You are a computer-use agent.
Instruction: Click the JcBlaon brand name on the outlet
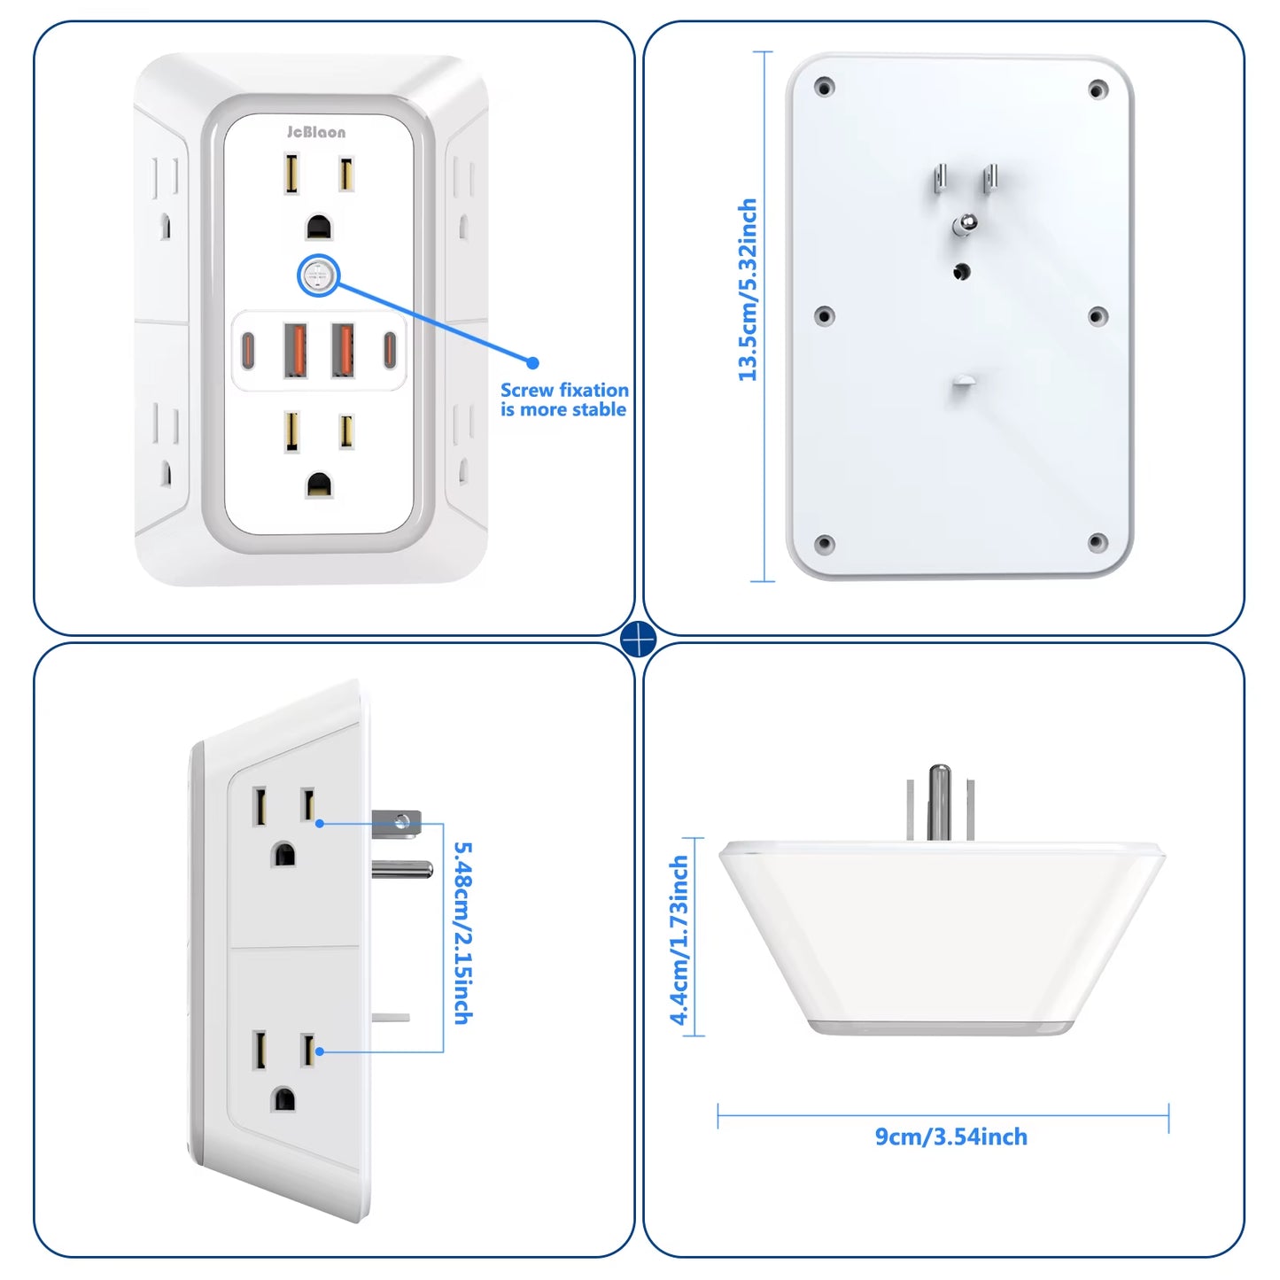tap(316, 132)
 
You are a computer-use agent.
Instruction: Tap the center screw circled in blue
tap(317, 276)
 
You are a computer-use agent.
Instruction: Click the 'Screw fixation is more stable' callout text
tap(564, 400)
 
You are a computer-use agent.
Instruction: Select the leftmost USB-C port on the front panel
tap(248, 350)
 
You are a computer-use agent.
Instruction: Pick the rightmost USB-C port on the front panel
tap(389, 350)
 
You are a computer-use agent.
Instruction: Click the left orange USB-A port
tap(295, 350)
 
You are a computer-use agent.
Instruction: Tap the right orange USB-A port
tap(343, 350)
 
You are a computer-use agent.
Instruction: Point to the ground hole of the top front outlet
tap(319, 228)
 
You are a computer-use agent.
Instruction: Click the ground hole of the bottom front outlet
tap(319, 485)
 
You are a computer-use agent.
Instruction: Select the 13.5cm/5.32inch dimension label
tap(748, 290)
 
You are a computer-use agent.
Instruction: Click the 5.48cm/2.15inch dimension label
tap(462, 933)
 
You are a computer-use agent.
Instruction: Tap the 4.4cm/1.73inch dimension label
tap(679, 940)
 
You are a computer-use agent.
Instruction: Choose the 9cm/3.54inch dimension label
tap(951, 1136)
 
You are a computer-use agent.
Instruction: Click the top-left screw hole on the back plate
tap(824, 88)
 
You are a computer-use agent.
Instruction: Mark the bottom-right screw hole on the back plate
tap(1098, 542)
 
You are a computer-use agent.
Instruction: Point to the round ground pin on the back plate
tap(965, 224)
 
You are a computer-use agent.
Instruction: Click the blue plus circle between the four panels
tap(639, 639)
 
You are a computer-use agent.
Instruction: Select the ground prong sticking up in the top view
tap(940, 801)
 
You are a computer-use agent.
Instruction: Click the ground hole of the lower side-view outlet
tap(283, 1099)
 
